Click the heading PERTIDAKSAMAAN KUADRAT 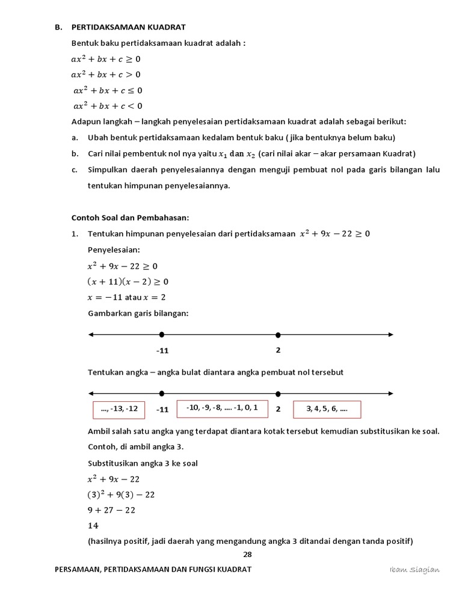click(129, 27)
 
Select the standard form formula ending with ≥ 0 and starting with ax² click(106, 59)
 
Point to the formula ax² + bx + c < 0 click(108, 106)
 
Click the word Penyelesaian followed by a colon click(114, 249)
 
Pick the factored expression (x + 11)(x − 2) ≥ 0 click(128, 281)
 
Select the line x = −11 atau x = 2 click(126, 297)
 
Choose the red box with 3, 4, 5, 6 click(327, 409)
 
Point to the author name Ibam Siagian click(414, 570)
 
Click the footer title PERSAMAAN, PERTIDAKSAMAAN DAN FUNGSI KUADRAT click(153, 570)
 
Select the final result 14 click(93, 525)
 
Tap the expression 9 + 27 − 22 click(111, 510)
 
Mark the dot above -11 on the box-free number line click(162, 334)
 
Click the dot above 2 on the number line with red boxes click(278, 393)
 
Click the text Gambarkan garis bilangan click(138, 313)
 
